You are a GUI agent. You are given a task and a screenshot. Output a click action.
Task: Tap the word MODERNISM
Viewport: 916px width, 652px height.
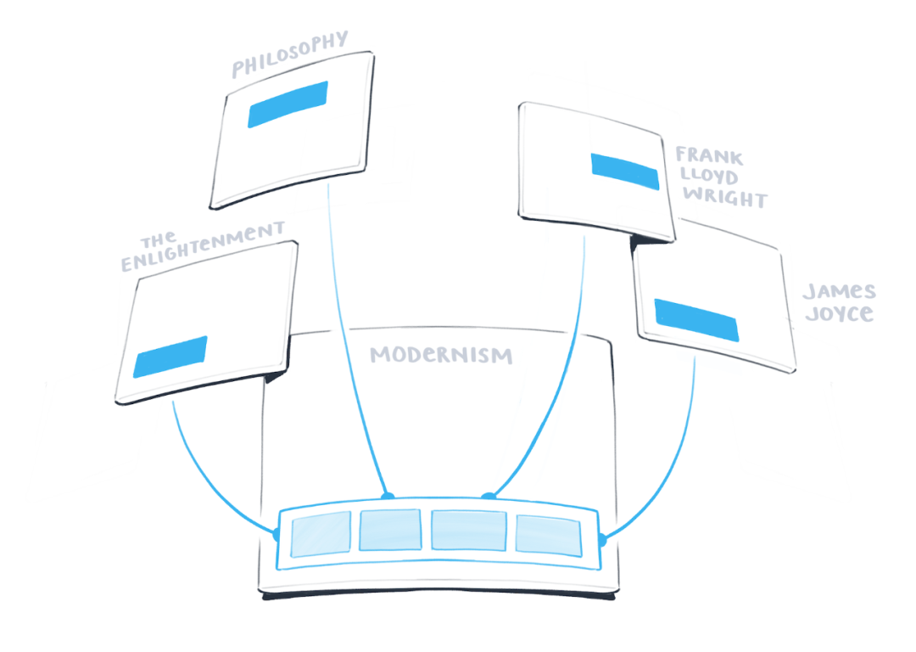tap(441, 354)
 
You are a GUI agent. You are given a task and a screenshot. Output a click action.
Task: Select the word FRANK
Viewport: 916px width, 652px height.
tap(709, 156)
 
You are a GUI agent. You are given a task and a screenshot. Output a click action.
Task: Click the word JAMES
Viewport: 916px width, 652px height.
tap(839, 292)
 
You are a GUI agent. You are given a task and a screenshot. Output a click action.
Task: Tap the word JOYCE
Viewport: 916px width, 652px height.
tap(838, 313)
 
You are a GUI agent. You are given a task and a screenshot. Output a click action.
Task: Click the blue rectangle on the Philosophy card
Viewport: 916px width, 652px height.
tap(288, 104)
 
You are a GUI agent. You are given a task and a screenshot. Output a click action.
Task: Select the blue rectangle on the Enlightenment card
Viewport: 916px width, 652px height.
tap(170, 357)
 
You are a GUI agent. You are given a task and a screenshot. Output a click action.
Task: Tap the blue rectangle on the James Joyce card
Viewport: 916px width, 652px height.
tap(696, 318)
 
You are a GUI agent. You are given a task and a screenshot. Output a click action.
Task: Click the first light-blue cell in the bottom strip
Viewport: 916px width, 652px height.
tap(321, 533)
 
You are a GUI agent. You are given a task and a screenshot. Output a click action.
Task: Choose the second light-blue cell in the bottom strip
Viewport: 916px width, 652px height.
tap(390, 530)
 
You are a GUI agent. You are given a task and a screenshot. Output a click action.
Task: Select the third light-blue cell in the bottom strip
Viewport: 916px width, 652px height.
tap(469, 530)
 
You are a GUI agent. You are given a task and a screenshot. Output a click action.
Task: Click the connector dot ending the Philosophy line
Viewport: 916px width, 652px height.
tap(388, 495)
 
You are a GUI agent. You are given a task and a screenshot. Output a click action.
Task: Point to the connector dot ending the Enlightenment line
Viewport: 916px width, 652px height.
tap(276, 533)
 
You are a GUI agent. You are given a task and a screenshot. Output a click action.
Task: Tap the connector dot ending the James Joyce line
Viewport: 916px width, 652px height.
tap(602, 539)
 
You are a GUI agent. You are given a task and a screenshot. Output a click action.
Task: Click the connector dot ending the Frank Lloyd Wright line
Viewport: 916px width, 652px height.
tap(488, 495)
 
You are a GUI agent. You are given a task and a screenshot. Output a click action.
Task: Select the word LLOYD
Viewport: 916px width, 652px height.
tap(707, 177)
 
